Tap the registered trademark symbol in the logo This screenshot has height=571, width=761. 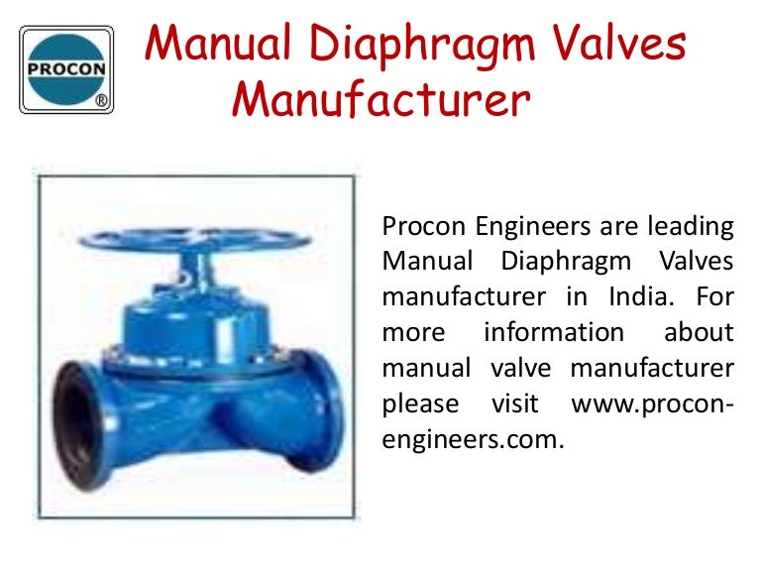(x=101, y=101)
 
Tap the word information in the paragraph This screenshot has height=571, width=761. (x=554, y=331)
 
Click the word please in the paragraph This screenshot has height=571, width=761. (x=420, y=403)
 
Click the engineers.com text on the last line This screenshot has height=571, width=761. (x=473, y=437)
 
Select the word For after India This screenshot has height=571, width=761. (x=714, y=296)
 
